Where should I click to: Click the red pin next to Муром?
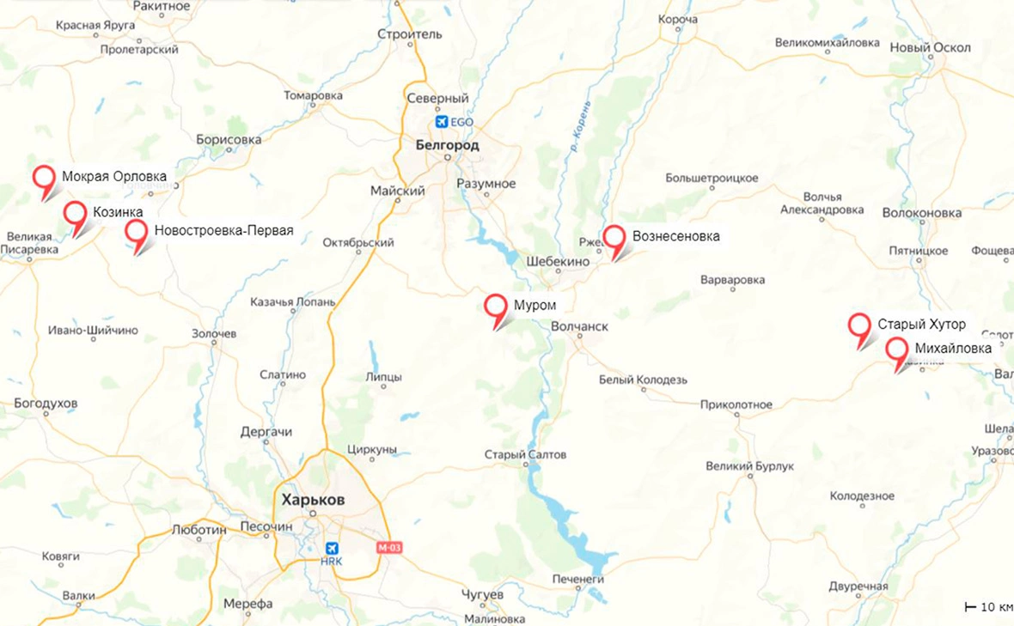[x=495, y=307]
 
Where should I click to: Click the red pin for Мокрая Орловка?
[x=44, y=178]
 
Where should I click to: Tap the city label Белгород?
[x=447, y=145]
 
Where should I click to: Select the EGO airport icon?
[x=443, y=122]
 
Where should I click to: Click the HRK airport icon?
[x=332, y=548]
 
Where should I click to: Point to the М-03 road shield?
[x=389, y=547]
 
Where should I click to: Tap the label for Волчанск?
[x=579, y=327]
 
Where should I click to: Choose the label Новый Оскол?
[x=930, y=48]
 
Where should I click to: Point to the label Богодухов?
[x=46, y=403]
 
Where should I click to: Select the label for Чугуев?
[x=483, y=595]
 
